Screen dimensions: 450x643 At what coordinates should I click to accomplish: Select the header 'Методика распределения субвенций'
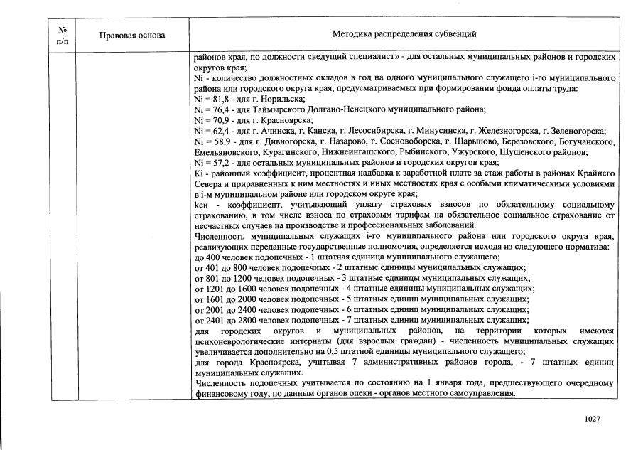(404, 34)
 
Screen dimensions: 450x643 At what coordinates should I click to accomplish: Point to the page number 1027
(593, 419)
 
